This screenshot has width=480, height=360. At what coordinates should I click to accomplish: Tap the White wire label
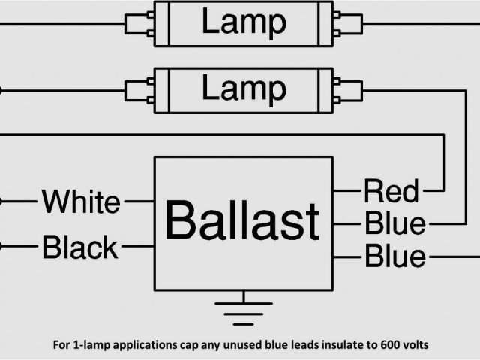click(80, 202)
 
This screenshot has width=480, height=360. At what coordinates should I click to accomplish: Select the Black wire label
click(80, 246)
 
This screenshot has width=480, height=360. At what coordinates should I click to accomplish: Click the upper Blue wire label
click(394, 223)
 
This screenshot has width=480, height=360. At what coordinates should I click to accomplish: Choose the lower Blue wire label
click(394, 256)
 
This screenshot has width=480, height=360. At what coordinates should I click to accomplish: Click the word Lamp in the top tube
click(243, 22)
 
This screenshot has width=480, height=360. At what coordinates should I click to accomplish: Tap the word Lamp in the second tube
click(243, 89)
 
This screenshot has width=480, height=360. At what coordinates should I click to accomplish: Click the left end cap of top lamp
click(138, 23)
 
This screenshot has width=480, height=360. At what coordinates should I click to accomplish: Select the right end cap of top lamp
click(348, 23)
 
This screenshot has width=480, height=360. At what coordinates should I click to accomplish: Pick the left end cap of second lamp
click(138, 90)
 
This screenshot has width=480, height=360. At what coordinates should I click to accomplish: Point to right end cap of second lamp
click(348, 90)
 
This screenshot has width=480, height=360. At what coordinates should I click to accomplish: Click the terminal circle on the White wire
click(1, 201)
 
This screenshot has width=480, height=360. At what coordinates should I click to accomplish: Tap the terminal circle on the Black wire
click(1, 245)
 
